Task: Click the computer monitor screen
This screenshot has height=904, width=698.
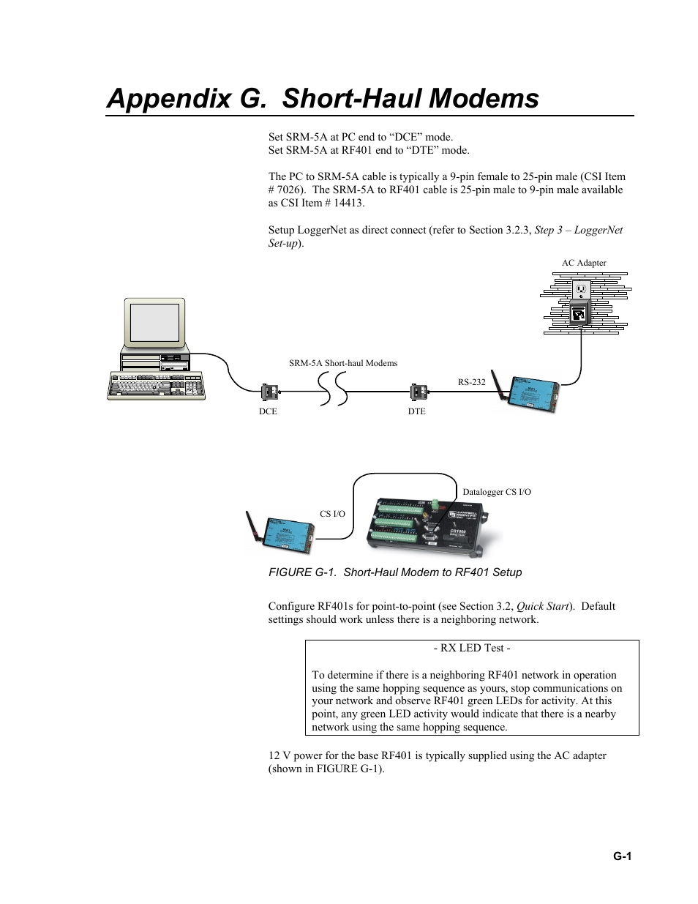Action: click(154, 322)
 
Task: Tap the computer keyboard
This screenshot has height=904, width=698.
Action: click(156, 385)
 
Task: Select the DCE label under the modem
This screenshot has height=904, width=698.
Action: click(268, 411)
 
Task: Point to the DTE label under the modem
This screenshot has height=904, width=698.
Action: click(416, 411)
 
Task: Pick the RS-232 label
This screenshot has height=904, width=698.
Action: click(472, 382)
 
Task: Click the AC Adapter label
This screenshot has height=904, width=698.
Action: click(584, 263)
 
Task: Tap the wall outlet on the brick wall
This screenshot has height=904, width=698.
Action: click(581, 291)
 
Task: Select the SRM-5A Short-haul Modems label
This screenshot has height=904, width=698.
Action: click(343, 363)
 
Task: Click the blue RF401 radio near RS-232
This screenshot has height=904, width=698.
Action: click(532, 393)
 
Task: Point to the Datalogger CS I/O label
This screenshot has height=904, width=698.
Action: click(497, 492)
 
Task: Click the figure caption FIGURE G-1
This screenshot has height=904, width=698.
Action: click(395, 572)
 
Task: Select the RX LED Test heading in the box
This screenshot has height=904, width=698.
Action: click(472, 648)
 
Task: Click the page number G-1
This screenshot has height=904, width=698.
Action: click(623, 856)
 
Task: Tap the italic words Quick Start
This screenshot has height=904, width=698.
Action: click(543, 606)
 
